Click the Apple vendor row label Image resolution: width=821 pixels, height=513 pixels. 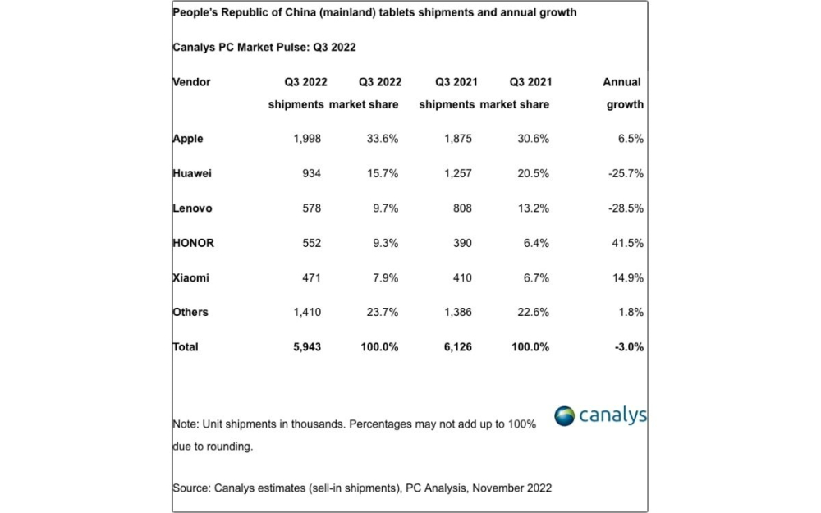point(188,139)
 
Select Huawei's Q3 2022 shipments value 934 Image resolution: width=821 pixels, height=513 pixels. point(307,173)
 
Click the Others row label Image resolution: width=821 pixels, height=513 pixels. point(190,312)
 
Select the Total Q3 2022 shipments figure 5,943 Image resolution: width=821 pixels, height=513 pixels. point(305,347)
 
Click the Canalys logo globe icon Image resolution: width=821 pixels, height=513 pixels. point(564,415)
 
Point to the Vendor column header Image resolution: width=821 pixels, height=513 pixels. point(191,82)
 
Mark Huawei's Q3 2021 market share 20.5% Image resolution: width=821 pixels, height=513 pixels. point(533,173)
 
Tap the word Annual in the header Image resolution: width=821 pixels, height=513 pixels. point(621,82)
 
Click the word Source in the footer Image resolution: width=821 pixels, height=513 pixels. point(190,488)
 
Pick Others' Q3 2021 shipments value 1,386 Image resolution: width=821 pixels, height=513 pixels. point(456,312)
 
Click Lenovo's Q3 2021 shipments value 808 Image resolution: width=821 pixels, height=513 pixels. point(461,208)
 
